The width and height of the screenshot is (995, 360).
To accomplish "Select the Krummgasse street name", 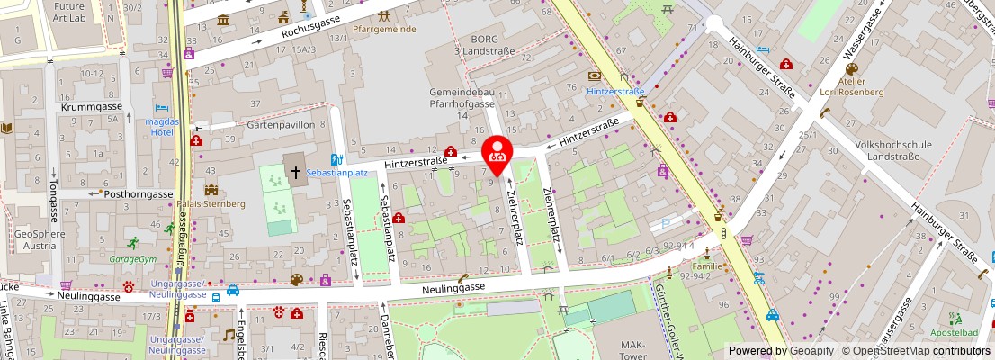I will pos(90,106).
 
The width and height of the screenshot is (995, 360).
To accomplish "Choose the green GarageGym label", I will pos(132,259).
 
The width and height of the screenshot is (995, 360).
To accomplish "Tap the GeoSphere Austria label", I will pos(40,239).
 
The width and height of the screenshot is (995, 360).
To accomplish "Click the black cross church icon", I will pos(294,168).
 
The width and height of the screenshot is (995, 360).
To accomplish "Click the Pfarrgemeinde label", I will pos(384,29).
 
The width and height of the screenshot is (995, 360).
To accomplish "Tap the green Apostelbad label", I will pos(955,332).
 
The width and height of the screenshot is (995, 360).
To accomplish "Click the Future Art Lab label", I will pos(69,11).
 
